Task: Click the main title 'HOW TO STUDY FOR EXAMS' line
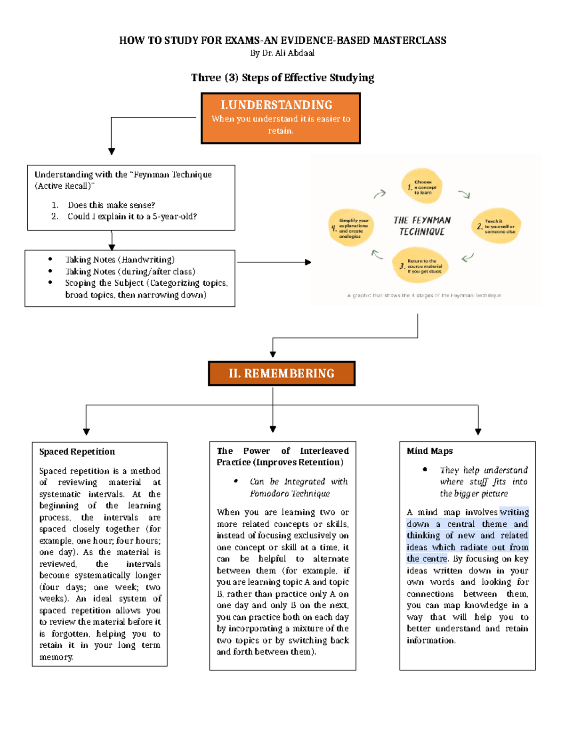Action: click(x=282, y=40)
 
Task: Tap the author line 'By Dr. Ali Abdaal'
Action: click(x=282, y=53)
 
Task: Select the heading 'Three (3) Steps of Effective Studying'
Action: click(x=282, y=78)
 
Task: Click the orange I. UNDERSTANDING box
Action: click(x=281, y=118)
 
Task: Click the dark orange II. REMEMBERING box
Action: click(x=282, y=373)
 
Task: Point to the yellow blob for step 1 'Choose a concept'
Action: click(x=422, y=186)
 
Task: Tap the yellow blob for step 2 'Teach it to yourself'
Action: click(x=496, y=226)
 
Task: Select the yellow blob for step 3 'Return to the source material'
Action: click(x=421, y=266)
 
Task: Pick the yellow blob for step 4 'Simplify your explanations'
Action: click(x=351, y=228)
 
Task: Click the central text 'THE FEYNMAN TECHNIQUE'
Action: click(x=422, y=226)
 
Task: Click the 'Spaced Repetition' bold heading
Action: click(x=77, y=452)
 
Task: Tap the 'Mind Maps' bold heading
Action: click(x=429, y=451)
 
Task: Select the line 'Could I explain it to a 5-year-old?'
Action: click(x=132, y=217)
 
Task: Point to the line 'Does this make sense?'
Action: click(x=111, y=205)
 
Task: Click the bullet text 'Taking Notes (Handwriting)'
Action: click(x=120, y=260)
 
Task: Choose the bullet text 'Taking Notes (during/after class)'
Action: click(x=130, y=272)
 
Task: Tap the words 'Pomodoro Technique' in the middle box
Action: click(x=290, y=493)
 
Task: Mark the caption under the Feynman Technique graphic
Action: click(x=424, y=296)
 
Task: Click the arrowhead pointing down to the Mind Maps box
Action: click(x=478, y=432)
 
